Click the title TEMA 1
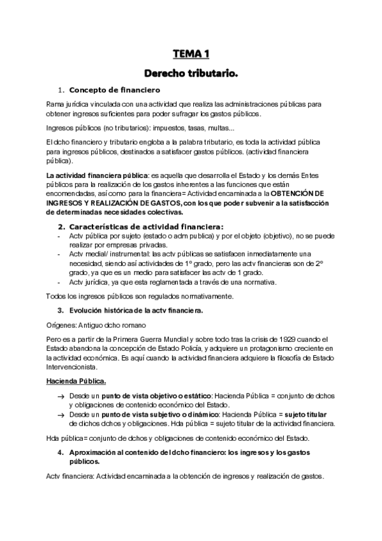191,54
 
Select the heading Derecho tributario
191,74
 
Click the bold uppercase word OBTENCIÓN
298,193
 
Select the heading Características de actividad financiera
146,226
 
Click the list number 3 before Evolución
60,310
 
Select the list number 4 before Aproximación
60,452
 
